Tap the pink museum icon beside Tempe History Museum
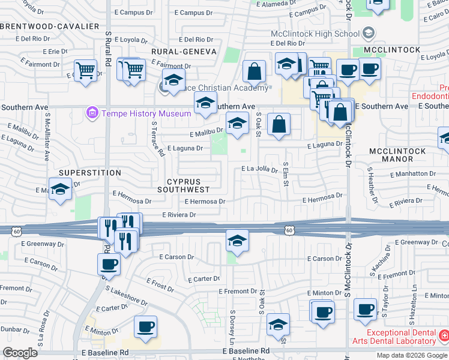[x=92, y=113]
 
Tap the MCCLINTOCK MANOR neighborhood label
[x=397, y=155]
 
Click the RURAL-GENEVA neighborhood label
[x=183, y=52]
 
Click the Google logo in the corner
[x=20, y=352]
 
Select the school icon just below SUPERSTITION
[x=59, y=191]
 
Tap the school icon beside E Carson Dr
[x=237, y=241]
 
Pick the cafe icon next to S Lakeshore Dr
[x=109, y=265]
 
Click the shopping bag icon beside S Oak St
[x=279, y=125]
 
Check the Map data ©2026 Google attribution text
[x=411, y=355]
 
